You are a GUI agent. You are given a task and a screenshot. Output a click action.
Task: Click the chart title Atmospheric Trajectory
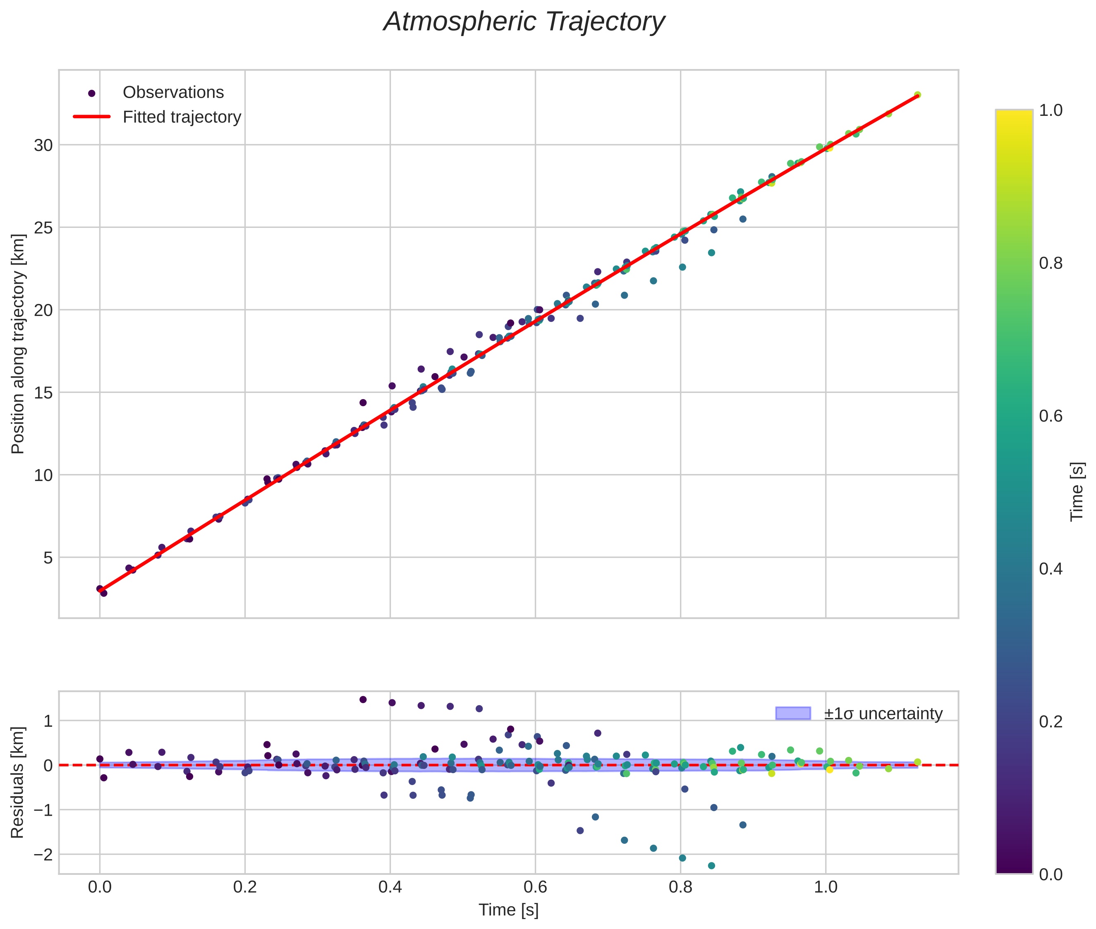(524, 22)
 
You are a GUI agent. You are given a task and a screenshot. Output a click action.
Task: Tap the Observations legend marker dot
(92, 93)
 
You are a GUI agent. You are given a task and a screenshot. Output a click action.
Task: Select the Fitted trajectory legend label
(182, 117)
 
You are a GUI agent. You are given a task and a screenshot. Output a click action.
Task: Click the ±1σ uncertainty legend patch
(793, 714)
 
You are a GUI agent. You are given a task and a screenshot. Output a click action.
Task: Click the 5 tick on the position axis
(48, 558)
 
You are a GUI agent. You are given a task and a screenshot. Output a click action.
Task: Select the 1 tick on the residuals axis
(48, 721)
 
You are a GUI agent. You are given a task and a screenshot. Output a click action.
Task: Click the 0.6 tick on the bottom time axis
(535, 887)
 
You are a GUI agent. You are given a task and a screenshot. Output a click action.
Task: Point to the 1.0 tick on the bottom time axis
(825, 887)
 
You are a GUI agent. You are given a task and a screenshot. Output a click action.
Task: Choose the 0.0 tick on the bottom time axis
(100, 887)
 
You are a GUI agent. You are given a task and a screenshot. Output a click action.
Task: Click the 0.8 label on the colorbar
(1051, 263)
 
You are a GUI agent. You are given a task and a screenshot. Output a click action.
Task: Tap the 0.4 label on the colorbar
(1051, 569)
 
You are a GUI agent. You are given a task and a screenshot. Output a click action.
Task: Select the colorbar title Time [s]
(1077, 491)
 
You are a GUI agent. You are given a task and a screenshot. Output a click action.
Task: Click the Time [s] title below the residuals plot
(508, 910)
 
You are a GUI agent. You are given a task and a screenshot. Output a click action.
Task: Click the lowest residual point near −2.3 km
(711, 866)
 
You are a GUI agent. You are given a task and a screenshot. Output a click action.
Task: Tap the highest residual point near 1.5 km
(363, 699)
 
